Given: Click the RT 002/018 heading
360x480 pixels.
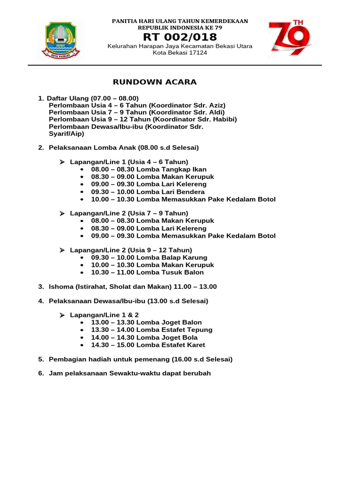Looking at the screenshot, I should coord(180,37).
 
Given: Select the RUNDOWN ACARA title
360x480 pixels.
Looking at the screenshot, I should coord(155,82).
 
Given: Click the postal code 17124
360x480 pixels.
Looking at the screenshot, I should coord(196,52).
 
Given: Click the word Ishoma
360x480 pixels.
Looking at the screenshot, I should coord(60,286).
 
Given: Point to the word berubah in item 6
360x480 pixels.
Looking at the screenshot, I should coord(198,373).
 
